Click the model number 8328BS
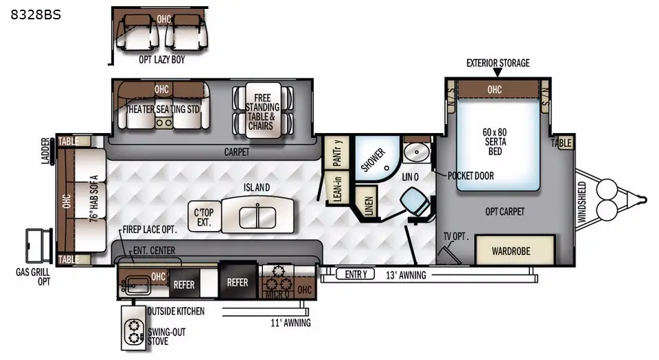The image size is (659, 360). pos(36,14)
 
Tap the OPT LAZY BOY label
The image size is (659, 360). pos(161,59)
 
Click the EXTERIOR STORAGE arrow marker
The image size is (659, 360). pos(498,72)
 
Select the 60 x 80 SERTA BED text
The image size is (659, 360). pos(495,141)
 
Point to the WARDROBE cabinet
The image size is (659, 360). pos(515,250)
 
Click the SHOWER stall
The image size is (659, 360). pos(377,159)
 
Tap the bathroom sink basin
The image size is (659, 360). pos(417,152)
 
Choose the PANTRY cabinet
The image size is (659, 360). pos(337,152)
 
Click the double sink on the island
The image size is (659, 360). pos(257,217)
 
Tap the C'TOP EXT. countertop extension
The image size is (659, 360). pos(204,217)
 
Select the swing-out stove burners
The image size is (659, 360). pos(134,332)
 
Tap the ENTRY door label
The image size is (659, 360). pos(355,274)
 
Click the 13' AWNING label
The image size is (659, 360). pos(406,275)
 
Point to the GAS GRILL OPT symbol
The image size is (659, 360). pos(39,246)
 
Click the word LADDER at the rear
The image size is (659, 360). pos(46,151)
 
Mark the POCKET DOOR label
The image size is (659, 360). pos(471,176)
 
